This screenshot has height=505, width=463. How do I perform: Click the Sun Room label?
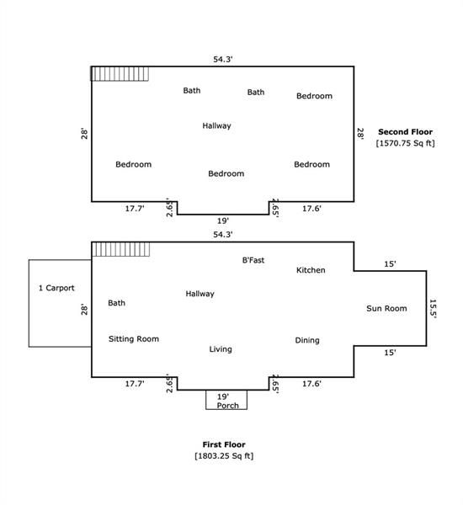click(x=386, y=308)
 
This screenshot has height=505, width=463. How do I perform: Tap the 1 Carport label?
click(x=56, y=288)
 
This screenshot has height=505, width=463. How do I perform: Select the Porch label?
click(x=227, y=406)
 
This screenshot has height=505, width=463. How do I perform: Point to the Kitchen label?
click(x=311, y=270)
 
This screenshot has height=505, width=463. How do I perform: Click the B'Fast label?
click(x=253, y=260)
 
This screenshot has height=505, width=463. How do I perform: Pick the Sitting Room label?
click(x=134, y=339)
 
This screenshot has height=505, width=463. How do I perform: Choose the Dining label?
click(x=307, y=340)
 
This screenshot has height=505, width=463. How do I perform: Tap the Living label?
click(x=221, y=349)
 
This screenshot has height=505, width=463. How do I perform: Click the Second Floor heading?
click(x=405, y=132)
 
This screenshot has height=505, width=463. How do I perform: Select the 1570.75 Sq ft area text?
click(x=405, y=143)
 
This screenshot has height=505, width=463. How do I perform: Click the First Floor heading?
click(x=224, y=444)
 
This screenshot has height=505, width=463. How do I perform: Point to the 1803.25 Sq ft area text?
click(x=224, y=455)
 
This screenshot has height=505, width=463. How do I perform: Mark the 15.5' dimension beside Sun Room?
click(x=433, y=309)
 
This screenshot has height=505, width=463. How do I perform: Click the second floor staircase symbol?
click(x=120, y=74)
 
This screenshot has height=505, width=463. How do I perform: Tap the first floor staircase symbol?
click(x=121, y=249)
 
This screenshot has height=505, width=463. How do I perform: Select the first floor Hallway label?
click(x=200, y=294)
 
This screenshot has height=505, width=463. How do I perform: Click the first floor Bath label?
click(x=116, y=303)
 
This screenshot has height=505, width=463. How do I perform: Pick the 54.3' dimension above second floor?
click(x=222, y=59)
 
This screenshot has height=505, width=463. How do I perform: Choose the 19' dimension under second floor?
click(x=222, y=221)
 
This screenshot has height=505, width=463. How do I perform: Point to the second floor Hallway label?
click(x=216, y=125)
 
